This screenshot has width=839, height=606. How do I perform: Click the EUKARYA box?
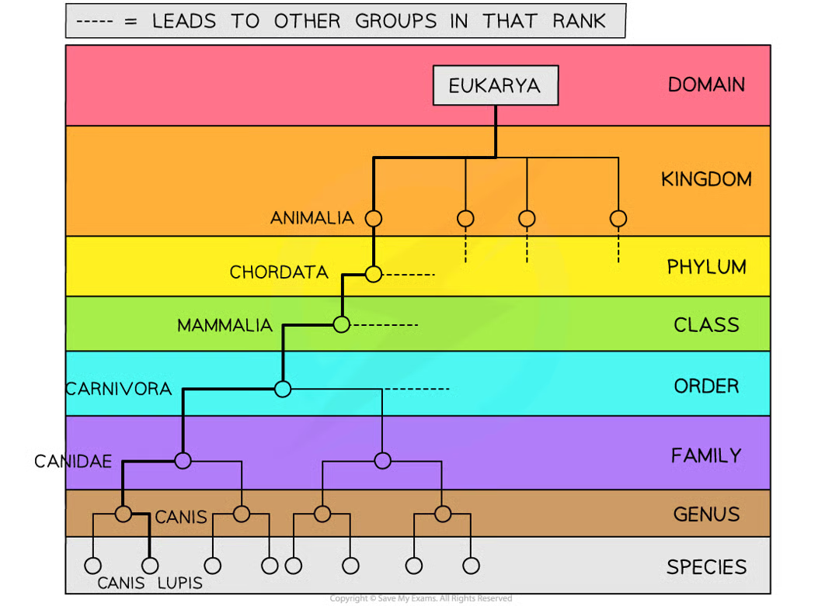[496, 85]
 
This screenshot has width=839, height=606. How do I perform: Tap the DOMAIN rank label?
[706, 85]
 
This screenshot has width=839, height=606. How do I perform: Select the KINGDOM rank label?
[706, 179]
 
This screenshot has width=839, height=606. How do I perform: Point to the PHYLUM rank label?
[706, 267]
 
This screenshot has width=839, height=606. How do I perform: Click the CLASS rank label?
[706, 325]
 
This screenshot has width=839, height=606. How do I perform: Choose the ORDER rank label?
[706, 386]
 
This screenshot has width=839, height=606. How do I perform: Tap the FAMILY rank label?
[706, 455]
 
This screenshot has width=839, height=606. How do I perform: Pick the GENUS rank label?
[706, 514]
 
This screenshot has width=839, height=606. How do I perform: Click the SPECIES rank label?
[706, 567]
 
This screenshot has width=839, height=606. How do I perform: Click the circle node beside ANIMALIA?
[374, 218]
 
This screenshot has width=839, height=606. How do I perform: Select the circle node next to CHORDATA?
[374, 274]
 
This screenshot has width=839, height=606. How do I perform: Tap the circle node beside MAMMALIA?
[341, 324]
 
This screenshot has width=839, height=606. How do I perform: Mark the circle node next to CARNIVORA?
[283, 389]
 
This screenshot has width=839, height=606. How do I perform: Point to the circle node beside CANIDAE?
[183, 461]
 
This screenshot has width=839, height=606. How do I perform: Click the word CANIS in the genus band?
[181, 518]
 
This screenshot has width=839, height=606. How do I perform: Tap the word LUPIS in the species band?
[179, 583]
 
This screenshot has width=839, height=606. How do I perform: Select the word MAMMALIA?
[225, 325]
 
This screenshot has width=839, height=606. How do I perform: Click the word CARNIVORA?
[119, 389]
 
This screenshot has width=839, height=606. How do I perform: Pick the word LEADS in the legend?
[184, 22]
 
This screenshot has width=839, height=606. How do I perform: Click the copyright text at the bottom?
[420, 598]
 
